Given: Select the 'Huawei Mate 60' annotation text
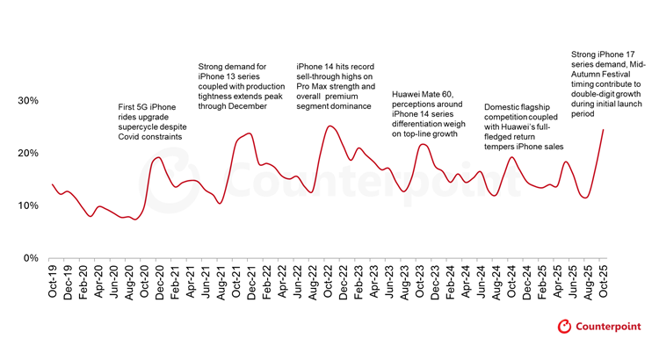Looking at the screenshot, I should click(x=430, y=114).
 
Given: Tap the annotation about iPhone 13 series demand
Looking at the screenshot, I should click(x=240, y=85).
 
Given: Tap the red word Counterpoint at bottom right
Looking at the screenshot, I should click(x=610, y=327).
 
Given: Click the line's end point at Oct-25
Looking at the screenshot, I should click(x=604, y=130).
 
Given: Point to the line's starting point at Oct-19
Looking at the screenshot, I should click(x=53, y=184).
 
